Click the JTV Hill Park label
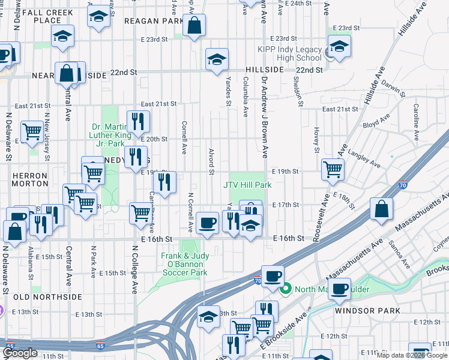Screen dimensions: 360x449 248,185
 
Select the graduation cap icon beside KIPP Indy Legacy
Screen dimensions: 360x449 339,46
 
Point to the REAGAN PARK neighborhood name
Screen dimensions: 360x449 153,21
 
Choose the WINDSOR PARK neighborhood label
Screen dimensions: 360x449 359,311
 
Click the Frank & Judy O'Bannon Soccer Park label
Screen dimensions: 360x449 184,264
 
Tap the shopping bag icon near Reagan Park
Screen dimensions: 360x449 194,26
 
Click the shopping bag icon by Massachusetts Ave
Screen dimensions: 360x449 382,209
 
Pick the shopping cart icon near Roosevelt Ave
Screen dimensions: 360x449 333,169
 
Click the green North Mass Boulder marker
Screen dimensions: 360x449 286,289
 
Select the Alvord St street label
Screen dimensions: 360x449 211,162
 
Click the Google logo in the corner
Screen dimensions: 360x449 20,353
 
